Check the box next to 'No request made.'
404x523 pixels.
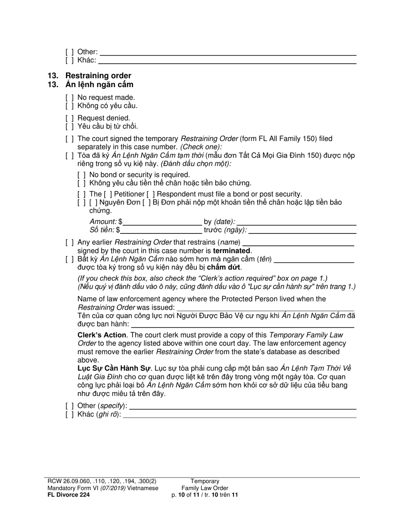click(70, 97)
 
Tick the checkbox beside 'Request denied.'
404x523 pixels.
click(70, 118)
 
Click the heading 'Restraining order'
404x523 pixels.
click(98, 76)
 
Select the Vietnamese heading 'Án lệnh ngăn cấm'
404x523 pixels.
click(99, 84)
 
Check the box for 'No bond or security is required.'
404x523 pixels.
click(82, 175)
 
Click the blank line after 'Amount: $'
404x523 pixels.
click(162, 222)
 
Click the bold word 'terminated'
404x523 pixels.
click(232, 250)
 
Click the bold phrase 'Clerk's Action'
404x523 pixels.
click(102, 335)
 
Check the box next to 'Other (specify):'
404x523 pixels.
click(70, 406)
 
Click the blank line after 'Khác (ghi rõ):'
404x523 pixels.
click(240, 414)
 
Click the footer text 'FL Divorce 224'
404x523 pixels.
click(68, 495)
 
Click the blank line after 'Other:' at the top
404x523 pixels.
click(228, 52)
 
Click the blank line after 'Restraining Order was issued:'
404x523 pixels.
click(265, 307)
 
